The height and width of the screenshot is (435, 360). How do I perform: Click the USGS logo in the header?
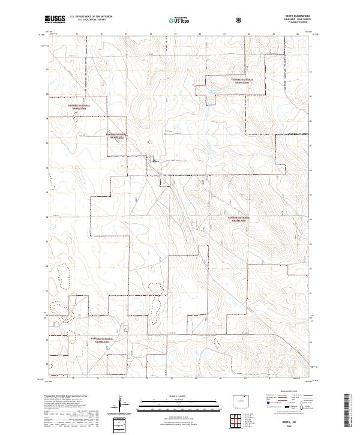55,19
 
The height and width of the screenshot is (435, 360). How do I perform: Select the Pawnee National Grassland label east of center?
239,219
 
